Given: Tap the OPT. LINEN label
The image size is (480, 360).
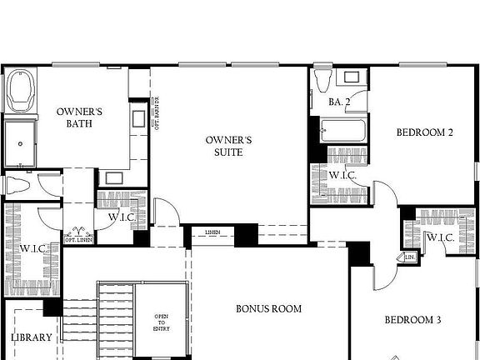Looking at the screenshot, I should pos(80,240).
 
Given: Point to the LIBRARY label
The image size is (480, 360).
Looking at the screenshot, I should pos(31,337).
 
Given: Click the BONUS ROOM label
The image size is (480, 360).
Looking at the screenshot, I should pos(268,308).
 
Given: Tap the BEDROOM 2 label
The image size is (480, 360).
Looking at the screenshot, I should pos(424,132).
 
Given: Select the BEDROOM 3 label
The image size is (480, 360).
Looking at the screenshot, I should pos(412,320).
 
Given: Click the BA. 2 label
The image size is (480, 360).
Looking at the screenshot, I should pos(338,102).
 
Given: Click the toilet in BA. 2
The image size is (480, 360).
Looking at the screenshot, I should pos(322,80).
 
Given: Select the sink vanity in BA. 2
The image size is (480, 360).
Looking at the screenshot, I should pos(352,78).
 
